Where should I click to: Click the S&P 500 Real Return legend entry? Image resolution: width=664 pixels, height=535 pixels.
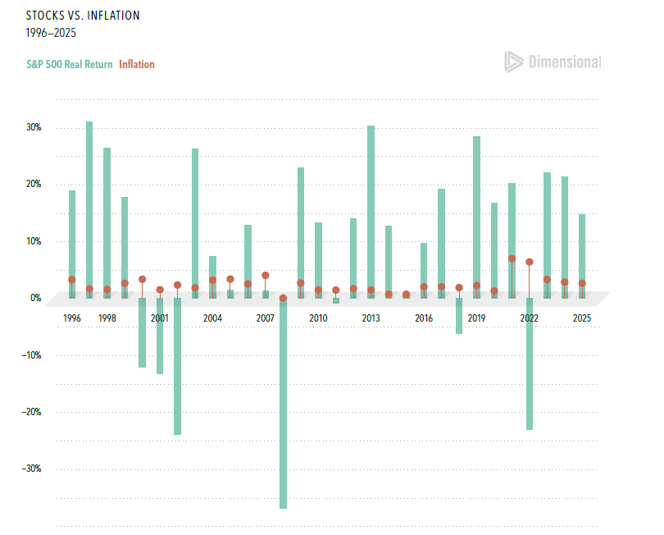[x=70, y=65]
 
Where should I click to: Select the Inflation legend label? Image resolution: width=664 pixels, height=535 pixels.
[x=137, y=65]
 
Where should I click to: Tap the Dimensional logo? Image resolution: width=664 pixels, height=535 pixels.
[x=553, y=62]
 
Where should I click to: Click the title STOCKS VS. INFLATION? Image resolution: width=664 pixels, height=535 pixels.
[x=83, y=16]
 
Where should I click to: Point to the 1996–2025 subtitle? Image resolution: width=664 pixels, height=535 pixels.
[x=51, y=33]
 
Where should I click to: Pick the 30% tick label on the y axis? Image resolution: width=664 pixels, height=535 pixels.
[x=34, y=127]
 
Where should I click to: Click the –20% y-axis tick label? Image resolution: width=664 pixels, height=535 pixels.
[x=32, y=412]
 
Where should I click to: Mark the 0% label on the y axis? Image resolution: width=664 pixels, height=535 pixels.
[x=36, y=298]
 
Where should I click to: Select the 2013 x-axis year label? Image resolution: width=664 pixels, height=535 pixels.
[x=371, y=318]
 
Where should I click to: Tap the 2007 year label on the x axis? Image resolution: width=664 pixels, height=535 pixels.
[x=266, y=318]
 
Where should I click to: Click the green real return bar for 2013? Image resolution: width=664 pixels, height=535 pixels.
[x=371, y=212]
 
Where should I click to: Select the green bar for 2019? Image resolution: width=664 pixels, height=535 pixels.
[x=477, y=217]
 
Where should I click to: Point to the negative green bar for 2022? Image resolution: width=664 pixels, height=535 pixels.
[x=530, y=364]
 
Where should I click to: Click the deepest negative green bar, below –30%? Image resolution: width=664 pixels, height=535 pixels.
[x=284, y=403]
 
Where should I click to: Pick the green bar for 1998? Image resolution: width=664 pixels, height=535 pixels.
[x=107, y=223]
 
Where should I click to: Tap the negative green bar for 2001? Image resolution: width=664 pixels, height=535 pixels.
[x=160, y=336]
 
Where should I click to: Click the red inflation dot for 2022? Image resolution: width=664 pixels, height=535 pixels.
[x=530, y=262]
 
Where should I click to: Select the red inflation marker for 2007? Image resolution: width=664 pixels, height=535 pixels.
[x=266, y=276]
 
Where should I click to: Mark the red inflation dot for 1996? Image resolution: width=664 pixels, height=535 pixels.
[x=72, y=280]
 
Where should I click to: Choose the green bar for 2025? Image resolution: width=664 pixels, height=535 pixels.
[x=582, y=257]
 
